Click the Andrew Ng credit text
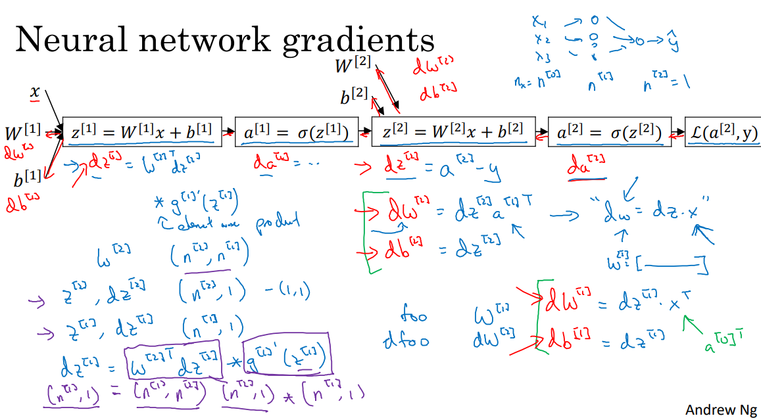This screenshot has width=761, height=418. click(721, 409)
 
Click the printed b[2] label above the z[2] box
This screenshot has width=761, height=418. click(353, 97)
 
